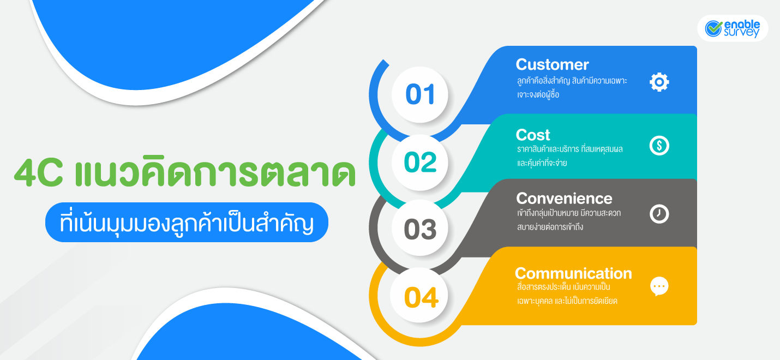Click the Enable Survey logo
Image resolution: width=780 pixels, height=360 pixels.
pos(733,28)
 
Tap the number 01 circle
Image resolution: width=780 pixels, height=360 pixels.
pos(420,94)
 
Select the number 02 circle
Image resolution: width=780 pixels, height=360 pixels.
pos(420,163)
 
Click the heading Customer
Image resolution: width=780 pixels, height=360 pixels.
pos(552,65)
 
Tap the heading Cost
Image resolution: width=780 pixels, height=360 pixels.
pos(533,135)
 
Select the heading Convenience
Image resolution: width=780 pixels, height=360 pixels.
pos(564,198)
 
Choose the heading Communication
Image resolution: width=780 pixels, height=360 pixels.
pos(573,273)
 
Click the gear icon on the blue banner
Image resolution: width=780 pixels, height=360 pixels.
pos(659,82)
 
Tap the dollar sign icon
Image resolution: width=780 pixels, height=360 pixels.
pos(659,146)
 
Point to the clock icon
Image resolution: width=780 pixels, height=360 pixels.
pos(659,214)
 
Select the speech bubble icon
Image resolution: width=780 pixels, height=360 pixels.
pos(659,286)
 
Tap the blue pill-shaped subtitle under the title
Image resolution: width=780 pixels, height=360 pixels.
pos(187,223)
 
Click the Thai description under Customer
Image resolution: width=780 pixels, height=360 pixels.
pos(572,88)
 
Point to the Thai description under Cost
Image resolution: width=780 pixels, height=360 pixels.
pos(569,155)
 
